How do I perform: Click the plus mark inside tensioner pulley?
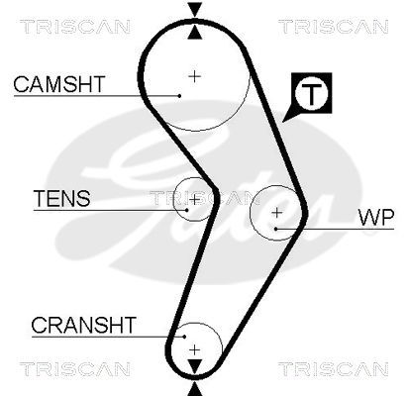(195, 199)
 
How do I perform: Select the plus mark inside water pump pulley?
(277, 212)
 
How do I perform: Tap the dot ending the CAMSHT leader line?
(178, 95)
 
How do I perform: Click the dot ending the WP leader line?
(277, 229)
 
